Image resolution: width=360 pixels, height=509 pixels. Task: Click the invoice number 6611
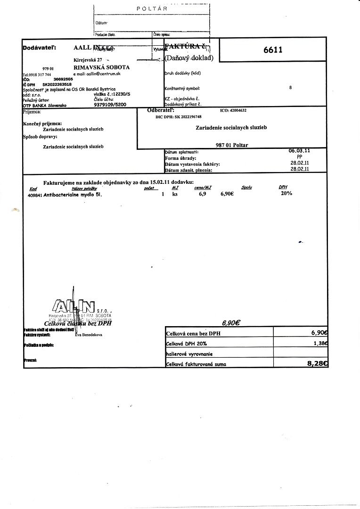pos(273,49)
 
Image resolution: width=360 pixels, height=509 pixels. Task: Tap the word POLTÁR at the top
pos(152,8)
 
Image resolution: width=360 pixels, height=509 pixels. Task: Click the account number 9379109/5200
pos(110,106)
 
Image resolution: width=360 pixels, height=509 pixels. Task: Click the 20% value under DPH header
pos(286,193)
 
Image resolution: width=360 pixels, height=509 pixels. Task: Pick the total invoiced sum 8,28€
pos(317,363)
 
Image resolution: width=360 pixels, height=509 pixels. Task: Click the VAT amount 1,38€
pos(320,344)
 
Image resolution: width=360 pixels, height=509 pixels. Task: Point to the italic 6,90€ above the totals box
pos(231,323)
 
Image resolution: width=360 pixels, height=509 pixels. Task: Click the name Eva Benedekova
pos(89,335)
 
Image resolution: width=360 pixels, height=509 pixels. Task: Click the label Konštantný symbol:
pos(182,88)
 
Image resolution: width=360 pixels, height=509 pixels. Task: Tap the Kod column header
pos(33,188)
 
